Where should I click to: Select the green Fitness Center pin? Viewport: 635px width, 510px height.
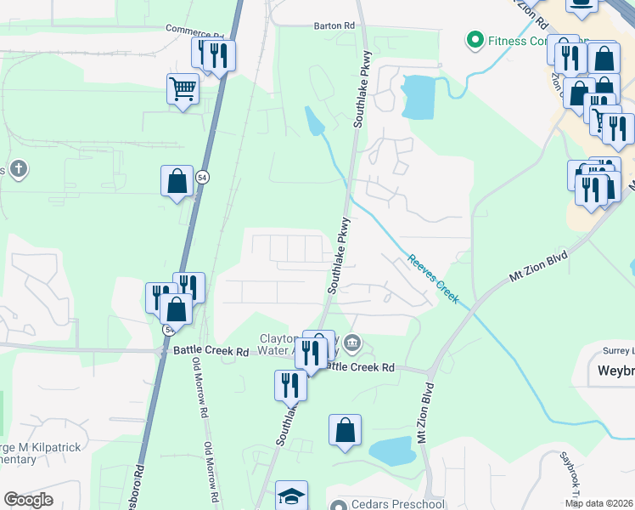click(475, 40)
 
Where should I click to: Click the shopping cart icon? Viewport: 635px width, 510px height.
click(183, 88)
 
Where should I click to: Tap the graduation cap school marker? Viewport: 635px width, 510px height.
click(291, 496)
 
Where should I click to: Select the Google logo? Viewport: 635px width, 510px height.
click(28, 500)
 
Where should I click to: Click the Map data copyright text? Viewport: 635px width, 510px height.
click(599, 503)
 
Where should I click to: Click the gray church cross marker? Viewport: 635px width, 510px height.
click(19, 169)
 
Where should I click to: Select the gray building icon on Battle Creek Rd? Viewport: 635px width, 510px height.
click(352, 343)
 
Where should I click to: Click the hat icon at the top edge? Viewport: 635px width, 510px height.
click(582, 6)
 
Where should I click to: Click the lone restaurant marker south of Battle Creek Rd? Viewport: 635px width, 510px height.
click(290, 385)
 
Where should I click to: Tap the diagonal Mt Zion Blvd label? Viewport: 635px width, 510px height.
click(540, 263)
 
